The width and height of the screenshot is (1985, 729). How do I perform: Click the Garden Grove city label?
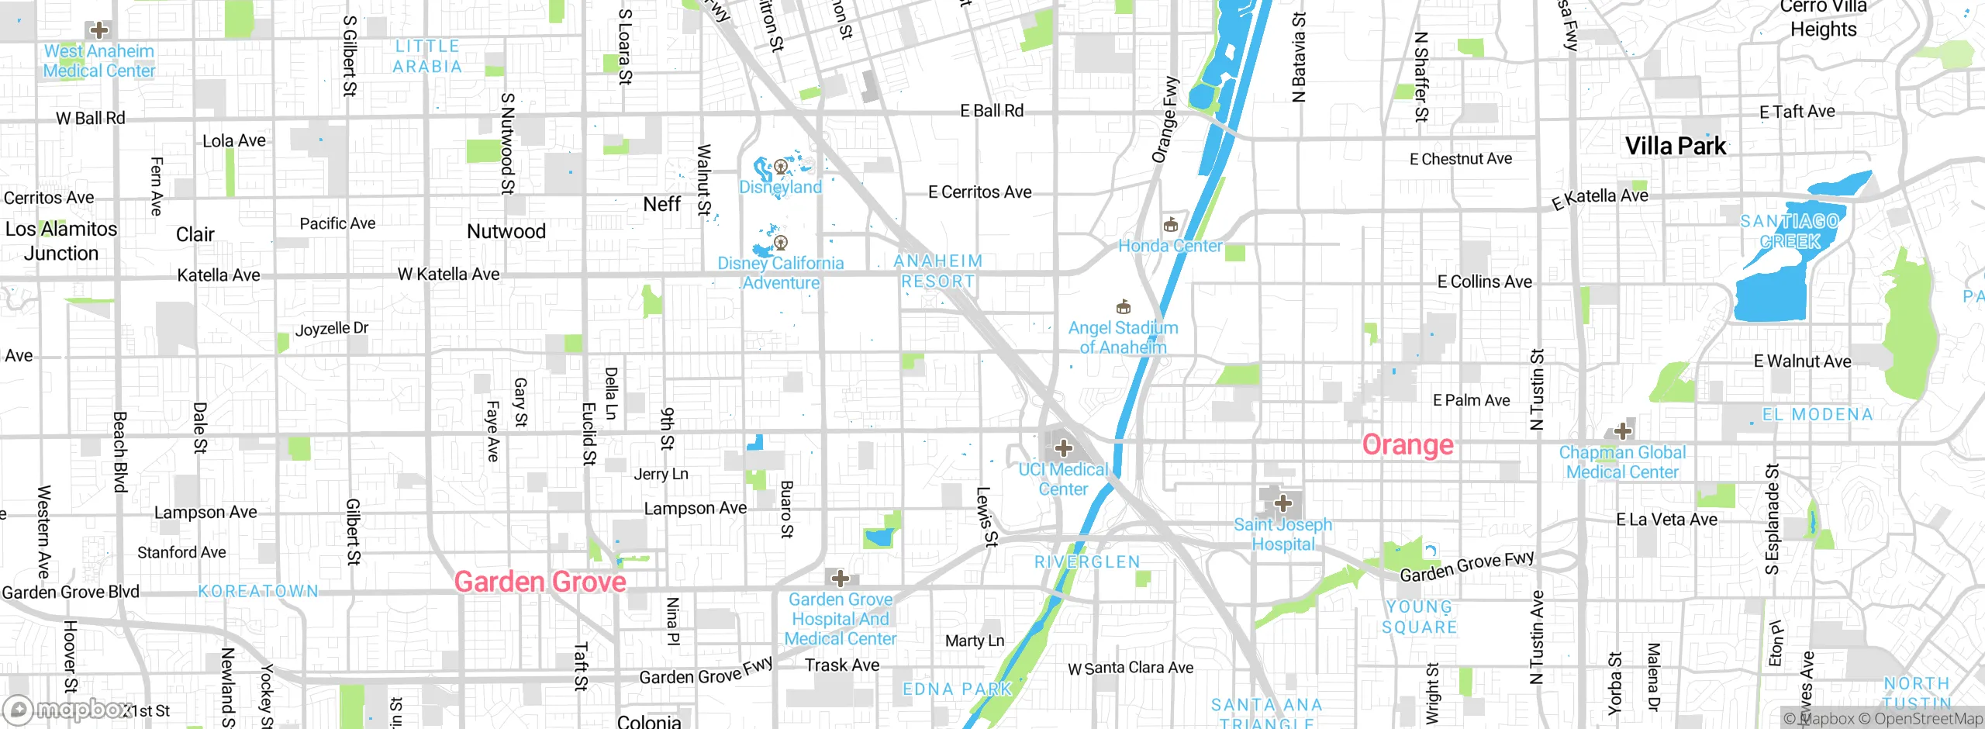tap(540, 582)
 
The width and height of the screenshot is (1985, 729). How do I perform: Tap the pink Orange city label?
tap(1408, 445)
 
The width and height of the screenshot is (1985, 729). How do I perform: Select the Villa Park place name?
tap(1676, 146)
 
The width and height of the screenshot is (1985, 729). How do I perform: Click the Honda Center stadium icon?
tap(1171, 226)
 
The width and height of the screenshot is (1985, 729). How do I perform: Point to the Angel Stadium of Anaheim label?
tap(1123, 337)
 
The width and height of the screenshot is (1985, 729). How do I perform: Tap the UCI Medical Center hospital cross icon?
tap(1064, 447)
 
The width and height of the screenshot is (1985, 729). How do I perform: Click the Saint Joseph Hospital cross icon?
tap(1283, 503)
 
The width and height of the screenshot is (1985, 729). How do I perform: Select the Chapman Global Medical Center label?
tap(1622, 462)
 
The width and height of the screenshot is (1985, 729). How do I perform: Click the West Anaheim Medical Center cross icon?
tap(99, 31)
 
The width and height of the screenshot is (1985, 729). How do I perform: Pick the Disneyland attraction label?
tap(780, 187)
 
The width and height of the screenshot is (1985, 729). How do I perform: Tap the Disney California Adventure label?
tap(780, 273)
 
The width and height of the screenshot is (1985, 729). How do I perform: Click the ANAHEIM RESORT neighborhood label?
tap(938, 271)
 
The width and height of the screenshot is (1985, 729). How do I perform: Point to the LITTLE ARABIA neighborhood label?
tap(427, 57)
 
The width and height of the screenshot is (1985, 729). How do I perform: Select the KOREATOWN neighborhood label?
tap(258, 592)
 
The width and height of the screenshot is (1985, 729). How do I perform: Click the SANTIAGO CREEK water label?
tap(1790, 231)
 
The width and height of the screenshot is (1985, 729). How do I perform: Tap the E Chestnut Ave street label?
tap(1461, 159)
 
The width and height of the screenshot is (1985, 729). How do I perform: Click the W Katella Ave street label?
tap(448, 274)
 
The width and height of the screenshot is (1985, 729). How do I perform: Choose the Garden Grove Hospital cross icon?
tap(840, 579)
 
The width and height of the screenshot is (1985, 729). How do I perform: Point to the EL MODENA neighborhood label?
tap(1818, 415)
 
